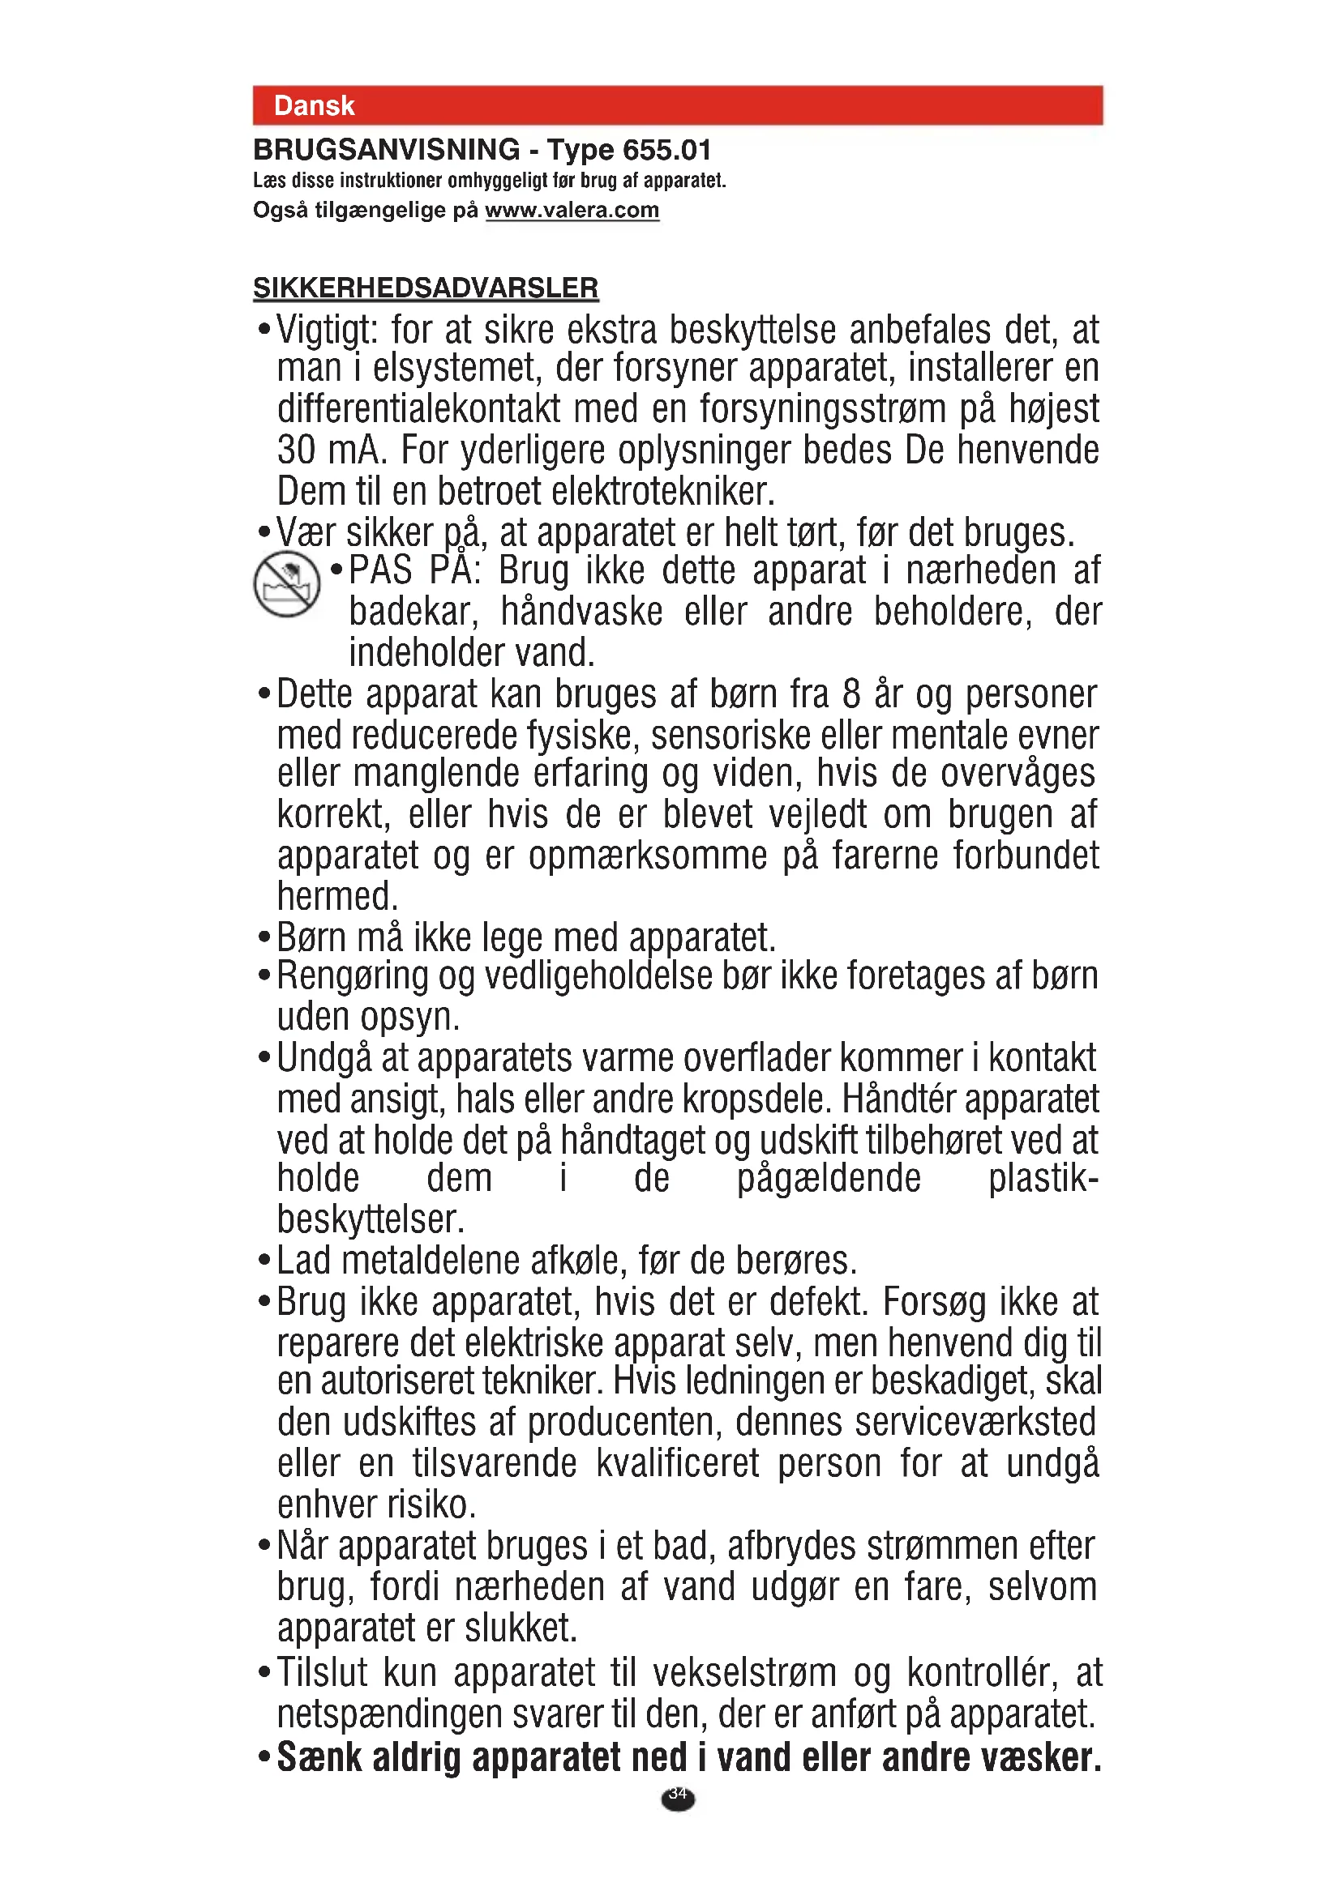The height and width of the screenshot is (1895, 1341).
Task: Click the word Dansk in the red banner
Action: [x=314, y=105]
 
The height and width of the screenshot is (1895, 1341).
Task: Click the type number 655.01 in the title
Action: [x=666, y=150]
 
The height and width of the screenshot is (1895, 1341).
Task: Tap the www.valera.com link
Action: [x=572, y=211]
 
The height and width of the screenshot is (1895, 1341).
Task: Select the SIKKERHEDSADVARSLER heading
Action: [x=426, y=288]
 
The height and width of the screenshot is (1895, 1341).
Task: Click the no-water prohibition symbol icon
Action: [x=286, y=585]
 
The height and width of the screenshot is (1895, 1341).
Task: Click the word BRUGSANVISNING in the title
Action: [x=387, y=150]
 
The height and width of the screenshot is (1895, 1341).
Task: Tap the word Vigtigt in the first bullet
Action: [x=326, y=330]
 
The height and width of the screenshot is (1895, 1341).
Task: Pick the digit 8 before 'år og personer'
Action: [x=851, y=694]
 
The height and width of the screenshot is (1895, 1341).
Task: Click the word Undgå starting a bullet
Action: [x=323, y=1059]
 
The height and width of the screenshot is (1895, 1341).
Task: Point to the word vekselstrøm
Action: [x=744, y=1673]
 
